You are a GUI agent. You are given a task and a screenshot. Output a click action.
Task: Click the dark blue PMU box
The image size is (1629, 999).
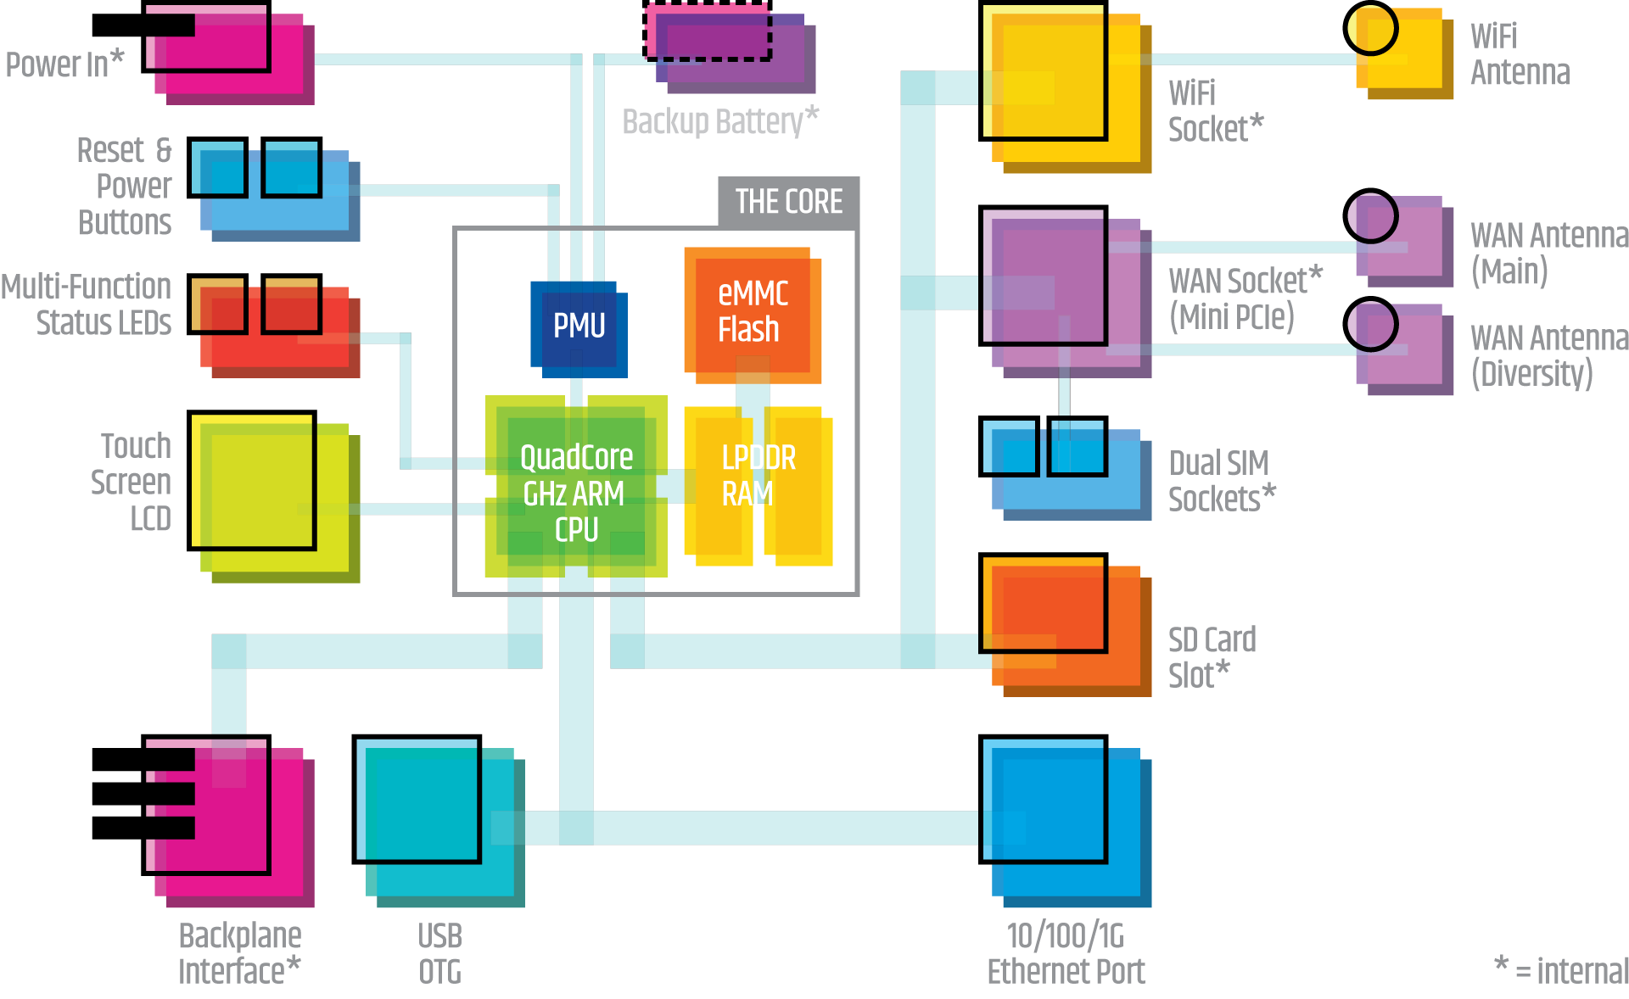pyautogui.click(x=579, y=326)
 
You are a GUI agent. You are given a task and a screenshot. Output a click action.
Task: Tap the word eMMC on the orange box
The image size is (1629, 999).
pyautogui.click(x=753, y=293)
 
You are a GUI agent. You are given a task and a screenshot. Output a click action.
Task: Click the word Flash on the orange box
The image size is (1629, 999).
pyautogui.click(x=748, y=329)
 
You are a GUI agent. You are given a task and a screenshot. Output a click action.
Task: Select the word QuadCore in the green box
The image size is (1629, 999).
pyautogui.click(x=576, y=458)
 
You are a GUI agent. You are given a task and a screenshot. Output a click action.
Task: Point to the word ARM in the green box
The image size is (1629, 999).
pyautogui.click(x=602, y=494)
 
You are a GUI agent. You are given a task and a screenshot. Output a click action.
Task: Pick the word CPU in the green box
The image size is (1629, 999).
pyautogui.click(x=577, y=530)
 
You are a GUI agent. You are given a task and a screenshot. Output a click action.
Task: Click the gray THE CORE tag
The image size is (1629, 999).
pyautogui.click(x=788, y=202)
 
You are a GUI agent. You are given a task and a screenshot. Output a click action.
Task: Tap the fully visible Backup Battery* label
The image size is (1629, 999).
pyautogui.click(x=719, y=122)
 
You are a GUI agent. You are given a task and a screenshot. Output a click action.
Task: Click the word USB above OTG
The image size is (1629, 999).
pyautogui.click(x=439, y=936)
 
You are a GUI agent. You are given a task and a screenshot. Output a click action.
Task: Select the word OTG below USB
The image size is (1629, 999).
pyautogui.click(x=439, y=972)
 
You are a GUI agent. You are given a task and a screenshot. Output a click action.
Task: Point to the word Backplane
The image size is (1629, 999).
pyautogui.click(x=240, y=936)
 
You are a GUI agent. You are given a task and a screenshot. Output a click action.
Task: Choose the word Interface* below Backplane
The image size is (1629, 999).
pyautogui.click(x=239, y=972)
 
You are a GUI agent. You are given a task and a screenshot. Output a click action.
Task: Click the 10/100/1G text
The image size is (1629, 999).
pyautogui.click(x=1065, y=936)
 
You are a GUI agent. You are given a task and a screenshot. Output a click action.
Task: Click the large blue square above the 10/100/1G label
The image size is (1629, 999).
pyautogui.click(x=1045, y=801)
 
